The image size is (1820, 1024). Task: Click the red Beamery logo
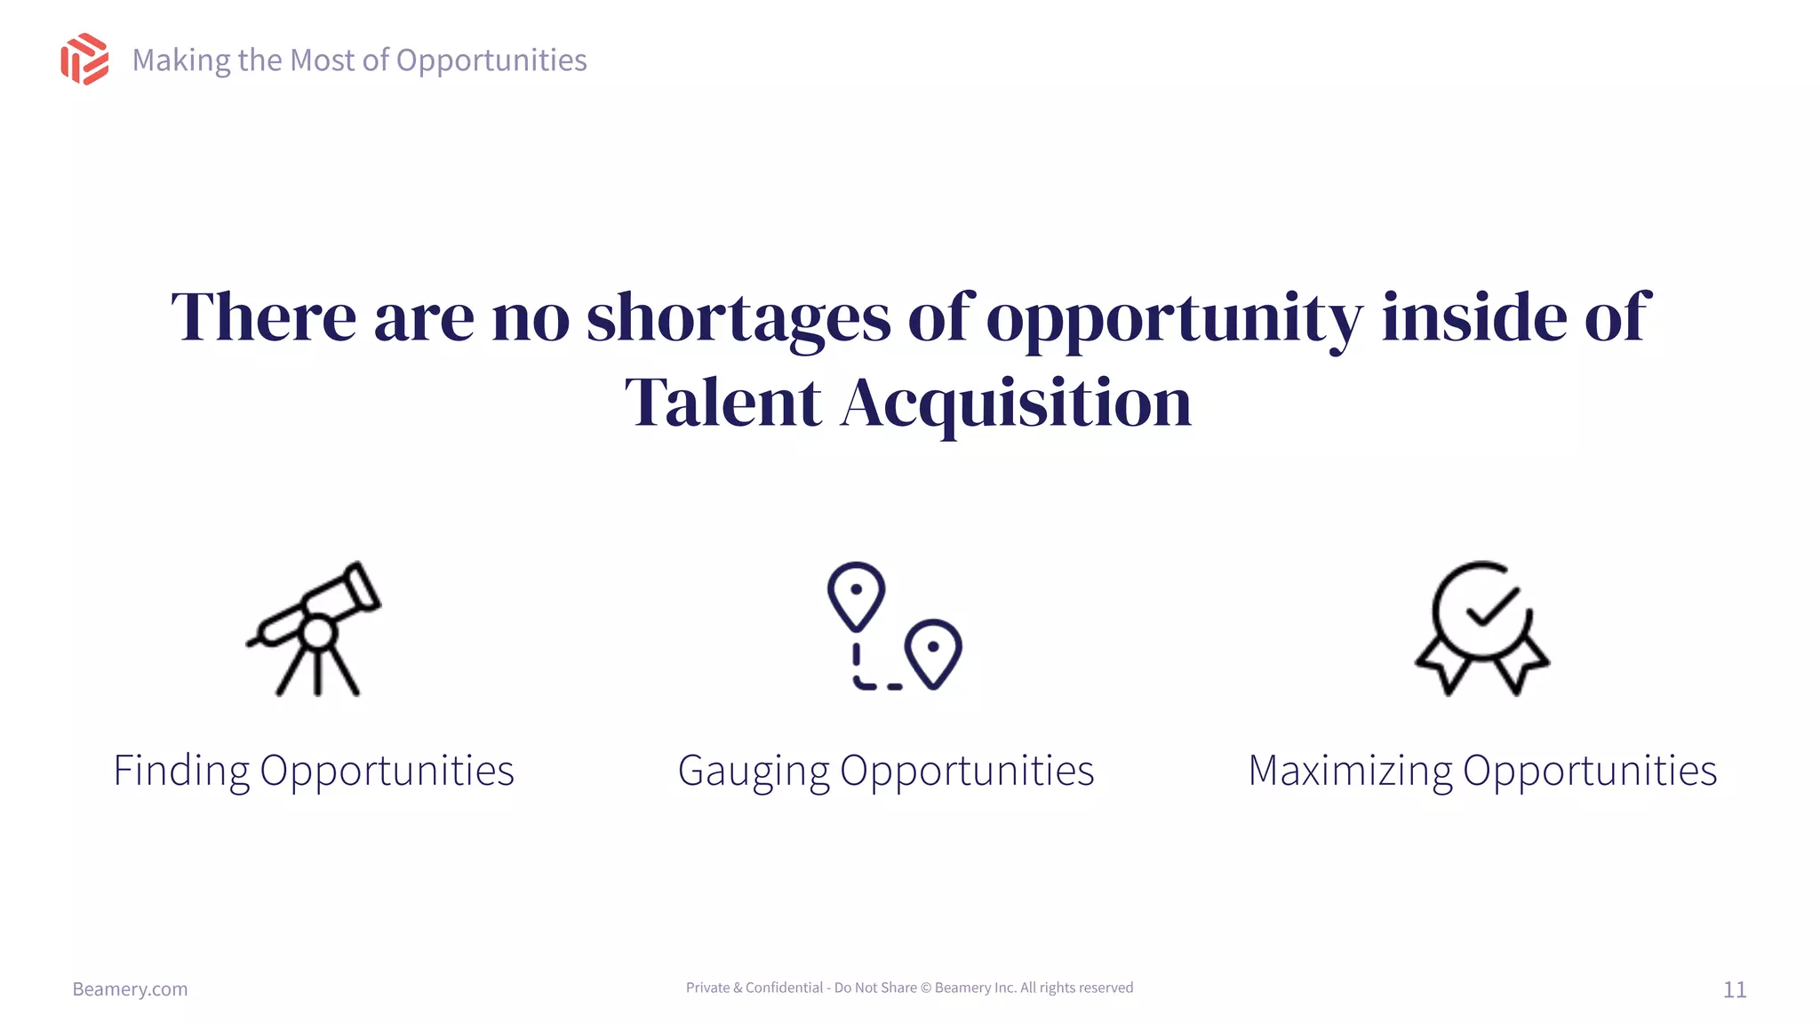tap(84, 60)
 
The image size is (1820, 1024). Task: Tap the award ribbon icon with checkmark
tap(1482, 628)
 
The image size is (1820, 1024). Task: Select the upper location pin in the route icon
tap(856, 594)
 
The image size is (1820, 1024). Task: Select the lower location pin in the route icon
tap(933, 652)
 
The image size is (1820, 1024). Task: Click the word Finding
tap(181, 771)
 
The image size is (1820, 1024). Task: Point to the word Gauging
tap(754, 771)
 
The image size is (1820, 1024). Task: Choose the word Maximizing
tap(1350, 771)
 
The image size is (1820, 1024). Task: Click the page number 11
tap(1735, 989)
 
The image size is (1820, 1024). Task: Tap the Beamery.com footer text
tap(130, 989)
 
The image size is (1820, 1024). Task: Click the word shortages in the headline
tap(738, 318)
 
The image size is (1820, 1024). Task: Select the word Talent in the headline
tap(722, 404)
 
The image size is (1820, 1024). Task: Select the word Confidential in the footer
tap(784, 988)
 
